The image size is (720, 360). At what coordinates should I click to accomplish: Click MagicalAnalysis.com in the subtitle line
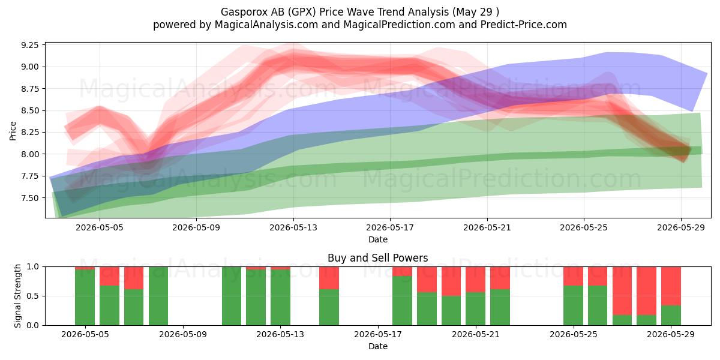266,25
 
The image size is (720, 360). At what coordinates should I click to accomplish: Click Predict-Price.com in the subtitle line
524,25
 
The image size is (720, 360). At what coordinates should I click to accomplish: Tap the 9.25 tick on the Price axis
29,45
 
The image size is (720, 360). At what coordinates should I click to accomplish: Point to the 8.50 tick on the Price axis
29,110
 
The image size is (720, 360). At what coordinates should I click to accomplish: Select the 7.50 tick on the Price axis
29,198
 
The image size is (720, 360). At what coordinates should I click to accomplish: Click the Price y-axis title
13,131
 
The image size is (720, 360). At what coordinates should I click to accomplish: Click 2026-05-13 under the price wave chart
293,227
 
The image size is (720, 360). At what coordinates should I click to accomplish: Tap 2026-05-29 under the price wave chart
681,227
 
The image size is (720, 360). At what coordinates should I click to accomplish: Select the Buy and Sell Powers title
377,258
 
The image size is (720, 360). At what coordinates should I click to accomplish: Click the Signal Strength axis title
17,296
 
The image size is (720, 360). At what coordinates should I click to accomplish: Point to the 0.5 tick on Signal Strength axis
32,296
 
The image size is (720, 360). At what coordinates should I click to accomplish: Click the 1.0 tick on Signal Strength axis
32,267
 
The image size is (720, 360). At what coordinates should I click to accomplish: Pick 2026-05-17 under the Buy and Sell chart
377,335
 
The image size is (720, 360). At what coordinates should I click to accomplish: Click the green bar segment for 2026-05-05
85,298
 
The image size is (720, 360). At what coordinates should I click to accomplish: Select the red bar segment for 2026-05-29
671,286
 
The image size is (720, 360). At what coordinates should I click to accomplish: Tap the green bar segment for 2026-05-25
573,305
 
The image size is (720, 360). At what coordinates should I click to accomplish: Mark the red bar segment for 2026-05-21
475,280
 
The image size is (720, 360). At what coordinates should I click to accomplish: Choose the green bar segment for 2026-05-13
280,298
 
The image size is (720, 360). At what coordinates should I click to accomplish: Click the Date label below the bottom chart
377,347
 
